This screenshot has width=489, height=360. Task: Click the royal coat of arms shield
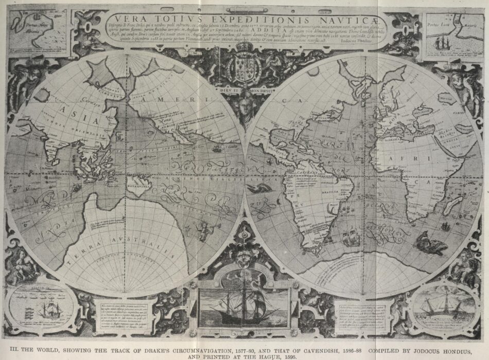(245, 69)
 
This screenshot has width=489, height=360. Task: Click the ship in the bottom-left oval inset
(50, 310)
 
